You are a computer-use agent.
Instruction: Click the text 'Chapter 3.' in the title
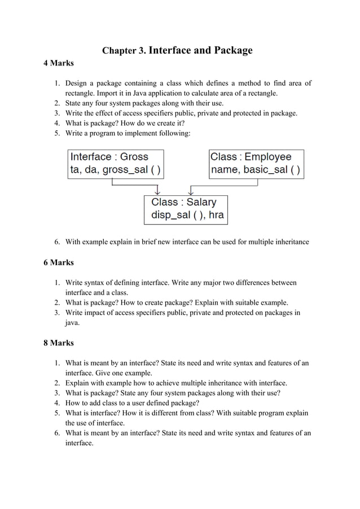pyautogui.click(x=124, y=51)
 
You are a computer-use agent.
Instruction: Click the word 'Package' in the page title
pyautogui.click(x=233, y=51)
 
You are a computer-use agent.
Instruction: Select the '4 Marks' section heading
pyautogui.click(x=59, y=63)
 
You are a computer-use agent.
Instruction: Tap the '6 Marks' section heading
pyautogui.click(x=59, y=262)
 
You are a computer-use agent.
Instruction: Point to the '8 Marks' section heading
pyautogui.click(x=59, y=343)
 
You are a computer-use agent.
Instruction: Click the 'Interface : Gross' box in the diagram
pyautogui.click(x=116, y=164)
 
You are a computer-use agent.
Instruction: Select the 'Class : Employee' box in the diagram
pyautogui.click(x=256, y=164)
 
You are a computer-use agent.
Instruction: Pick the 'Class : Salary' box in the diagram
pyautogui.click(x=186, y=209)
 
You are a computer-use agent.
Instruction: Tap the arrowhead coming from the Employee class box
pyautogui.click(x=191, y=192)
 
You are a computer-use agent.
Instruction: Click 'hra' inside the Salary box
pyautogui.click(x=216, y=215)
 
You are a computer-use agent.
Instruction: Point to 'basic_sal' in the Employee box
pyautogui.click(x=265, y=170)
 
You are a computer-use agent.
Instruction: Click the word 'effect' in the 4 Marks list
pyautogui.click(x=109, y=113)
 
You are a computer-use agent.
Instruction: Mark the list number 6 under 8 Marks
pyautogui.click(x=57, y=433)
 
